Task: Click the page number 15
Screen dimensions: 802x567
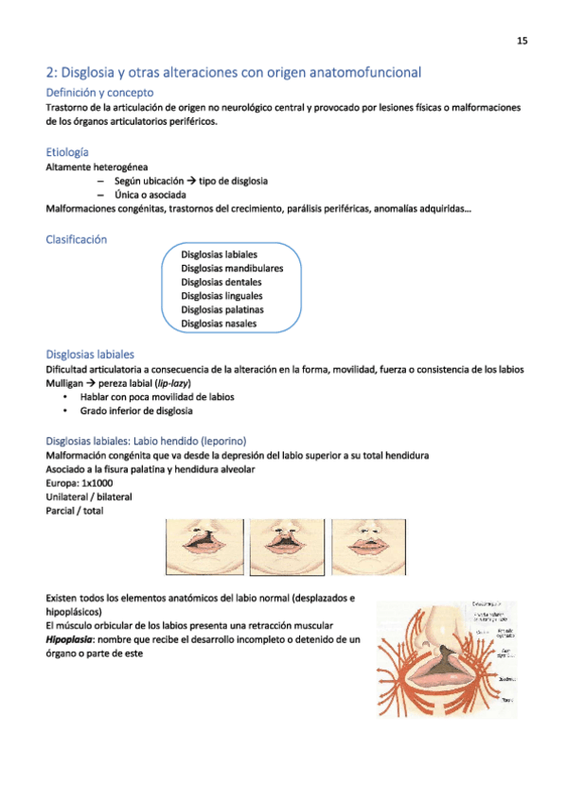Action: coord(522,41)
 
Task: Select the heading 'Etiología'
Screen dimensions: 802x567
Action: coord(68,152)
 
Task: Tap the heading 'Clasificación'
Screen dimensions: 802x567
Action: coord(77,239)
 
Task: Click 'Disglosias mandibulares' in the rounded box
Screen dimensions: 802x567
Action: coord(232,268)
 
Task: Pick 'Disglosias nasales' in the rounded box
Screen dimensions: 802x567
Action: coord(219,323)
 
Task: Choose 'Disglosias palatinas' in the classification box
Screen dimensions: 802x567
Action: coord(222,309)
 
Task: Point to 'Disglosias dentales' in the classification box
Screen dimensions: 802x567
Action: coord(221,282)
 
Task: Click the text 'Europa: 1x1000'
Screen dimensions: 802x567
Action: coord(79,482)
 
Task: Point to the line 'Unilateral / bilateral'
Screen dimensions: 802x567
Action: coord(88,497)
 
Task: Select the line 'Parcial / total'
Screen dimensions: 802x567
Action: coord(75,511)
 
